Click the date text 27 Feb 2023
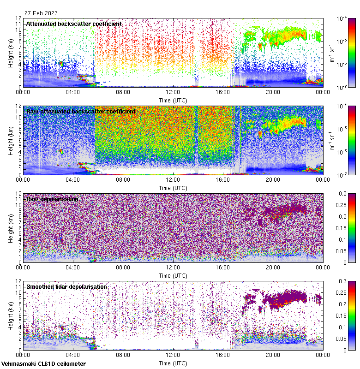click(x=40, y=13)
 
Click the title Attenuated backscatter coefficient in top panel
click(x=74, y=24)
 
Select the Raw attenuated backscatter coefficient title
click(x=81, y=111)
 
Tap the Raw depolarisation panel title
click(x=52, y=199)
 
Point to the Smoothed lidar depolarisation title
click(x=66, y=286)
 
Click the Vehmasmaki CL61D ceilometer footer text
click(x=43, y=364)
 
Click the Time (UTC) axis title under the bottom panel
click(x=173, y=363)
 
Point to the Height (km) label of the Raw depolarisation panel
click(x=11, y=228)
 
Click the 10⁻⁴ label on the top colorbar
click(x=342, y=18)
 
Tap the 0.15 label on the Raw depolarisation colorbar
click(x=342, y=228)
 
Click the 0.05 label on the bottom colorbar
click(x=342, y=339)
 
